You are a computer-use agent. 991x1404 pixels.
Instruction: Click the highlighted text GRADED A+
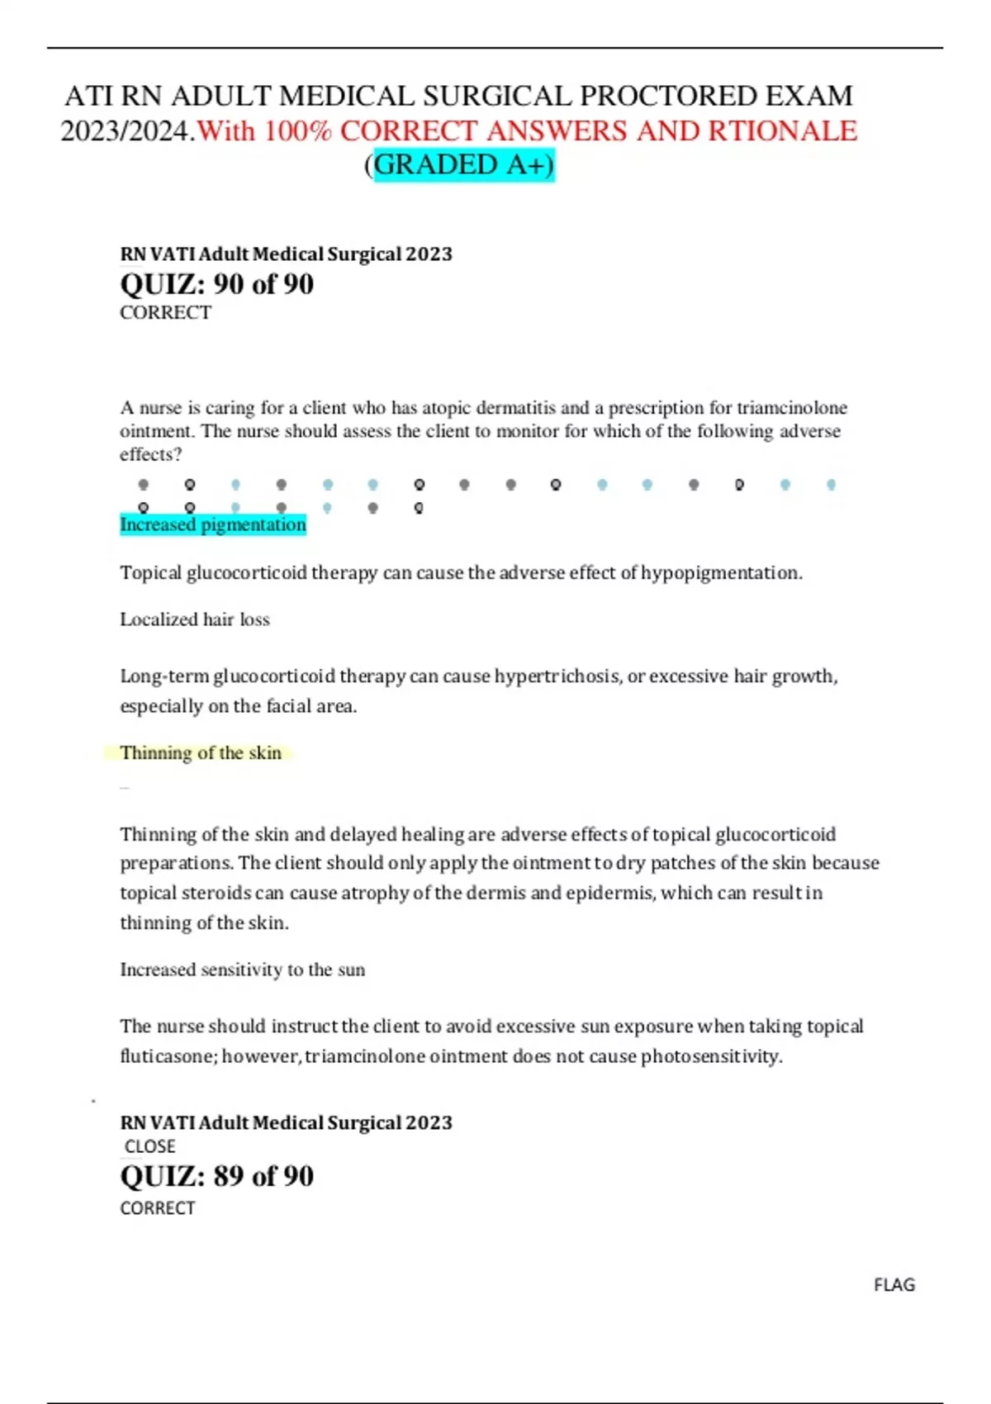pyautogui.click(x=463, y=164)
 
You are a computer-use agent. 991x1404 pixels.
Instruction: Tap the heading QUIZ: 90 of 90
pyautogui.click(x=216, y=284)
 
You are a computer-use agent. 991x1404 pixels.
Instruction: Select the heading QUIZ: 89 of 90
pyautogui.click(x=216, y=1175)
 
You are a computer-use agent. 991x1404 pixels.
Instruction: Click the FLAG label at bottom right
pyautogui.click(x=894, y=1285)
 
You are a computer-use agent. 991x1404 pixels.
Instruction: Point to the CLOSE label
pyautogui.click(x=149, y=1146)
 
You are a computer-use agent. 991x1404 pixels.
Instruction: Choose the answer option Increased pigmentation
pyautogui.click(x=213, y=524)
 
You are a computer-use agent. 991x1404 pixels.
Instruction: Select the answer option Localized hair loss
pyautogui.click(x=195, y=619)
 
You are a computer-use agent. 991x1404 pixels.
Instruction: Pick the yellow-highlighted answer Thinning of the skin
pyautogui.click(x=201, y=752)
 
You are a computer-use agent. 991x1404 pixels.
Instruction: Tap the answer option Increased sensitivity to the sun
pyautogui.click(x=242, y=970)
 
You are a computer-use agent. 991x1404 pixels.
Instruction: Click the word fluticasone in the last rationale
pyautogui.click(x=168, y=1056)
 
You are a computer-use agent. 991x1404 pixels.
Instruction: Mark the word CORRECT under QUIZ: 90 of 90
pyautogui.click(x=165, y=313)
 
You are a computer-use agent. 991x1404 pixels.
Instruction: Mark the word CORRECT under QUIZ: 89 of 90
pyautogui.click(x=157, y=1208)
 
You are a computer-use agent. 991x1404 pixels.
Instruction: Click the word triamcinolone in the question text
pyautogui.click(x=791, y=408)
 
